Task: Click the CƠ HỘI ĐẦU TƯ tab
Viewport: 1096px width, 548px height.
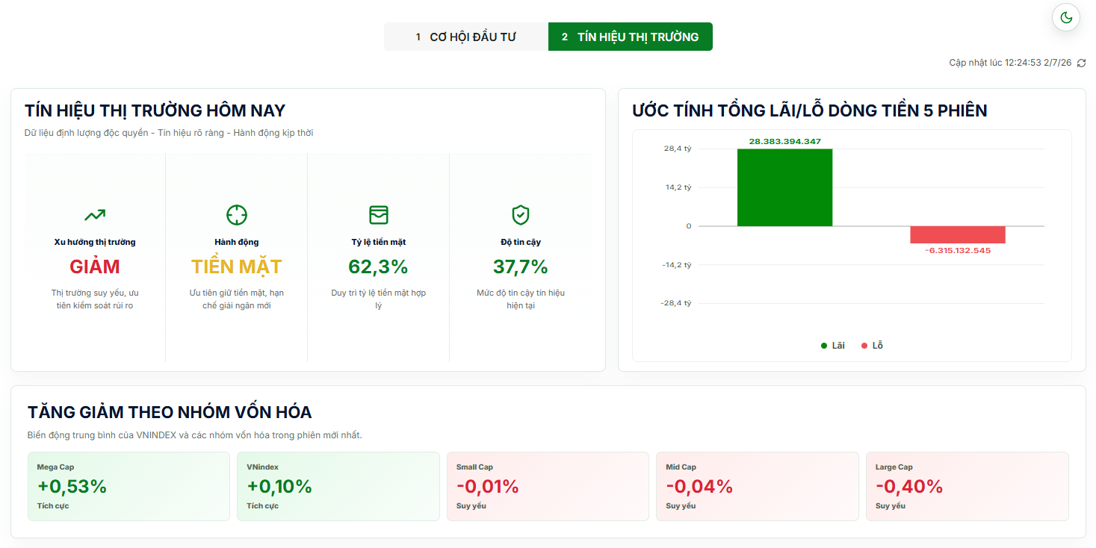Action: click(465, 37)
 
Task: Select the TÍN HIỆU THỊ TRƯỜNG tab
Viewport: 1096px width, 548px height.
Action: click(631, 37)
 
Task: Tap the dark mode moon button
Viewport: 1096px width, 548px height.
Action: click(1066, 18)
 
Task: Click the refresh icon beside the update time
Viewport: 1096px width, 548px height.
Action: click(1081, 63)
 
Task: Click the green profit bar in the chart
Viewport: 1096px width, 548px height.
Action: click(784, 187)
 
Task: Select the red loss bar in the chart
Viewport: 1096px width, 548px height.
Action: click(958, 234)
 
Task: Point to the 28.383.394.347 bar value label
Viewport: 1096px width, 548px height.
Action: click(784, 142)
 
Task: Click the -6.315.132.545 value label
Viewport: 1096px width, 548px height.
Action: click(958, 251)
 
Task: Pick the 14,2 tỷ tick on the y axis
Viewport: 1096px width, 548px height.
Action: click(678, 187)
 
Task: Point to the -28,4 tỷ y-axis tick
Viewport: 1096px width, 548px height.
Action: click(675, 303)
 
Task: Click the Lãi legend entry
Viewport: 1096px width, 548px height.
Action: click(833, 346)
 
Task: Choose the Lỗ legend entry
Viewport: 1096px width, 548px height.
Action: click(872, 346)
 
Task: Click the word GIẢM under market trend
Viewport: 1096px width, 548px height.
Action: click(94, 267)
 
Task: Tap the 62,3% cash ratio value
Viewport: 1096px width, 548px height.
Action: click(378, 267)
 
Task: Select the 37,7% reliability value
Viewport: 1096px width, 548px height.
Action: click(520, 267)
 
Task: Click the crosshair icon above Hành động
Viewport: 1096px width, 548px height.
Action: click(236, 215)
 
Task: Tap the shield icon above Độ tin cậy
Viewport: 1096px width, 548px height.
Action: click(521, 215)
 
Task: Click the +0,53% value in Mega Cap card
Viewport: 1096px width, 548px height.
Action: click(72, 486)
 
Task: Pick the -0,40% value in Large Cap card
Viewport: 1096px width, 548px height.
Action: click(909, 486)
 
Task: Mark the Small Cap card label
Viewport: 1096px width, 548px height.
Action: click(474, 467)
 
